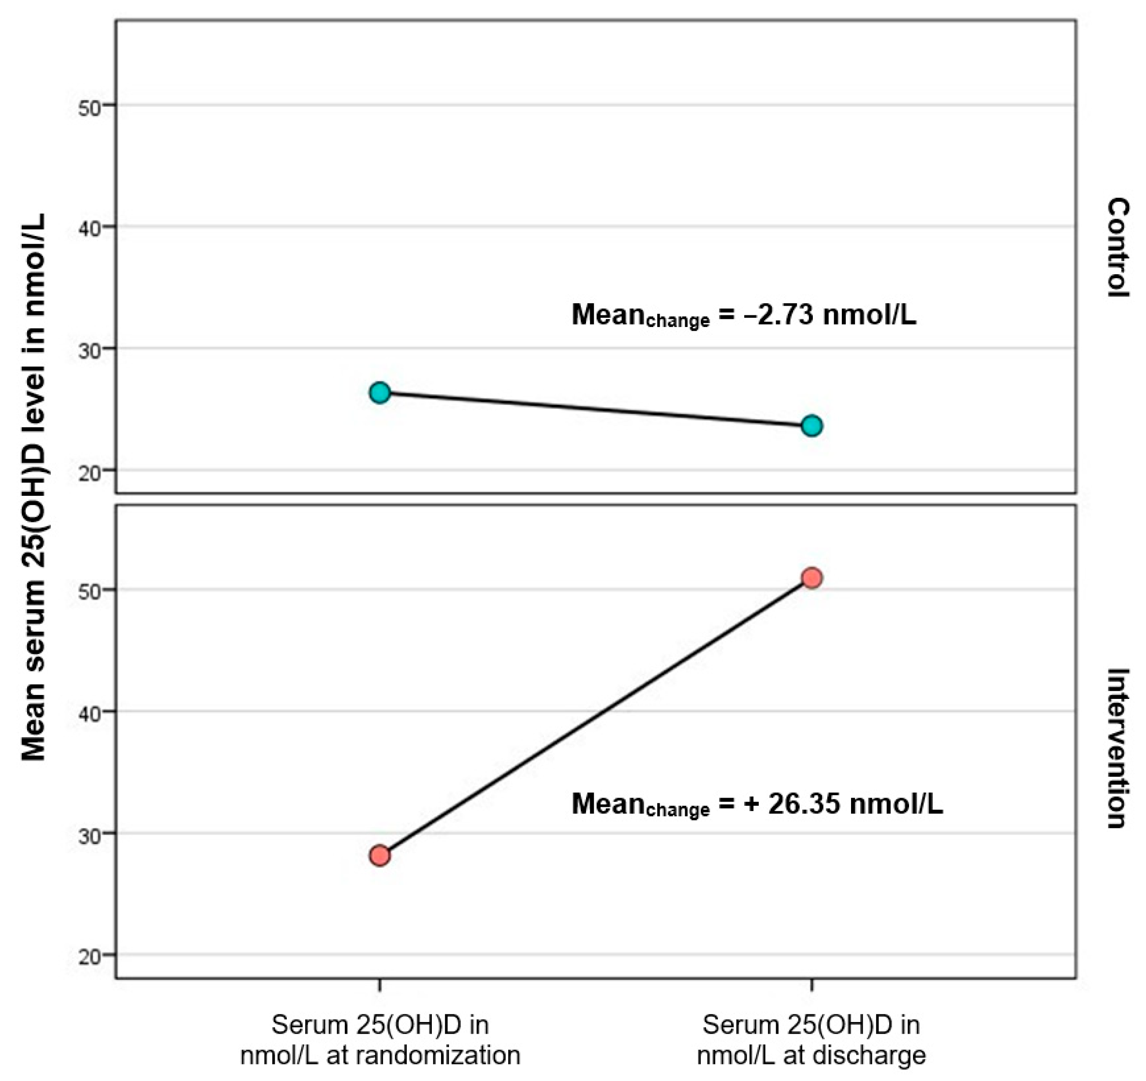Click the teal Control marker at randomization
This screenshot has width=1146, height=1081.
tap(380, 393)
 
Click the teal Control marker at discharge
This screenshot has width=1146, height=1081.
tap(812, 426)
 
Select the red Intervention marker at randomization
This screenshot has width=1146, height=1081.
tap(380, 856)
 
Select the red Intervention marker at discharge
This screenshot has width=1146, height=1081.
tap(812, 578)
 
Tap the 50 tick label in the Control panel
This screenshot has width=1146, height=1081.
tap(89, 107)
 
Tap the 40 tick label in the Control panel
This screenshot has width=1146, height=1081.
tap(89, 228)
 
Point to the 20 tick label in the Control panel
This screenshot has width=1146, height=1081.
tap(89, 472)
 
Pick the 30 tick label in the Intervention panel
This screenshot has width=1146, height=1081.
tap(89, 835)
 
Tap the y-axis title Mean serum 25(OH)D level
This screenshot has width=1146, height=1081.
tap(33, 487)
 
